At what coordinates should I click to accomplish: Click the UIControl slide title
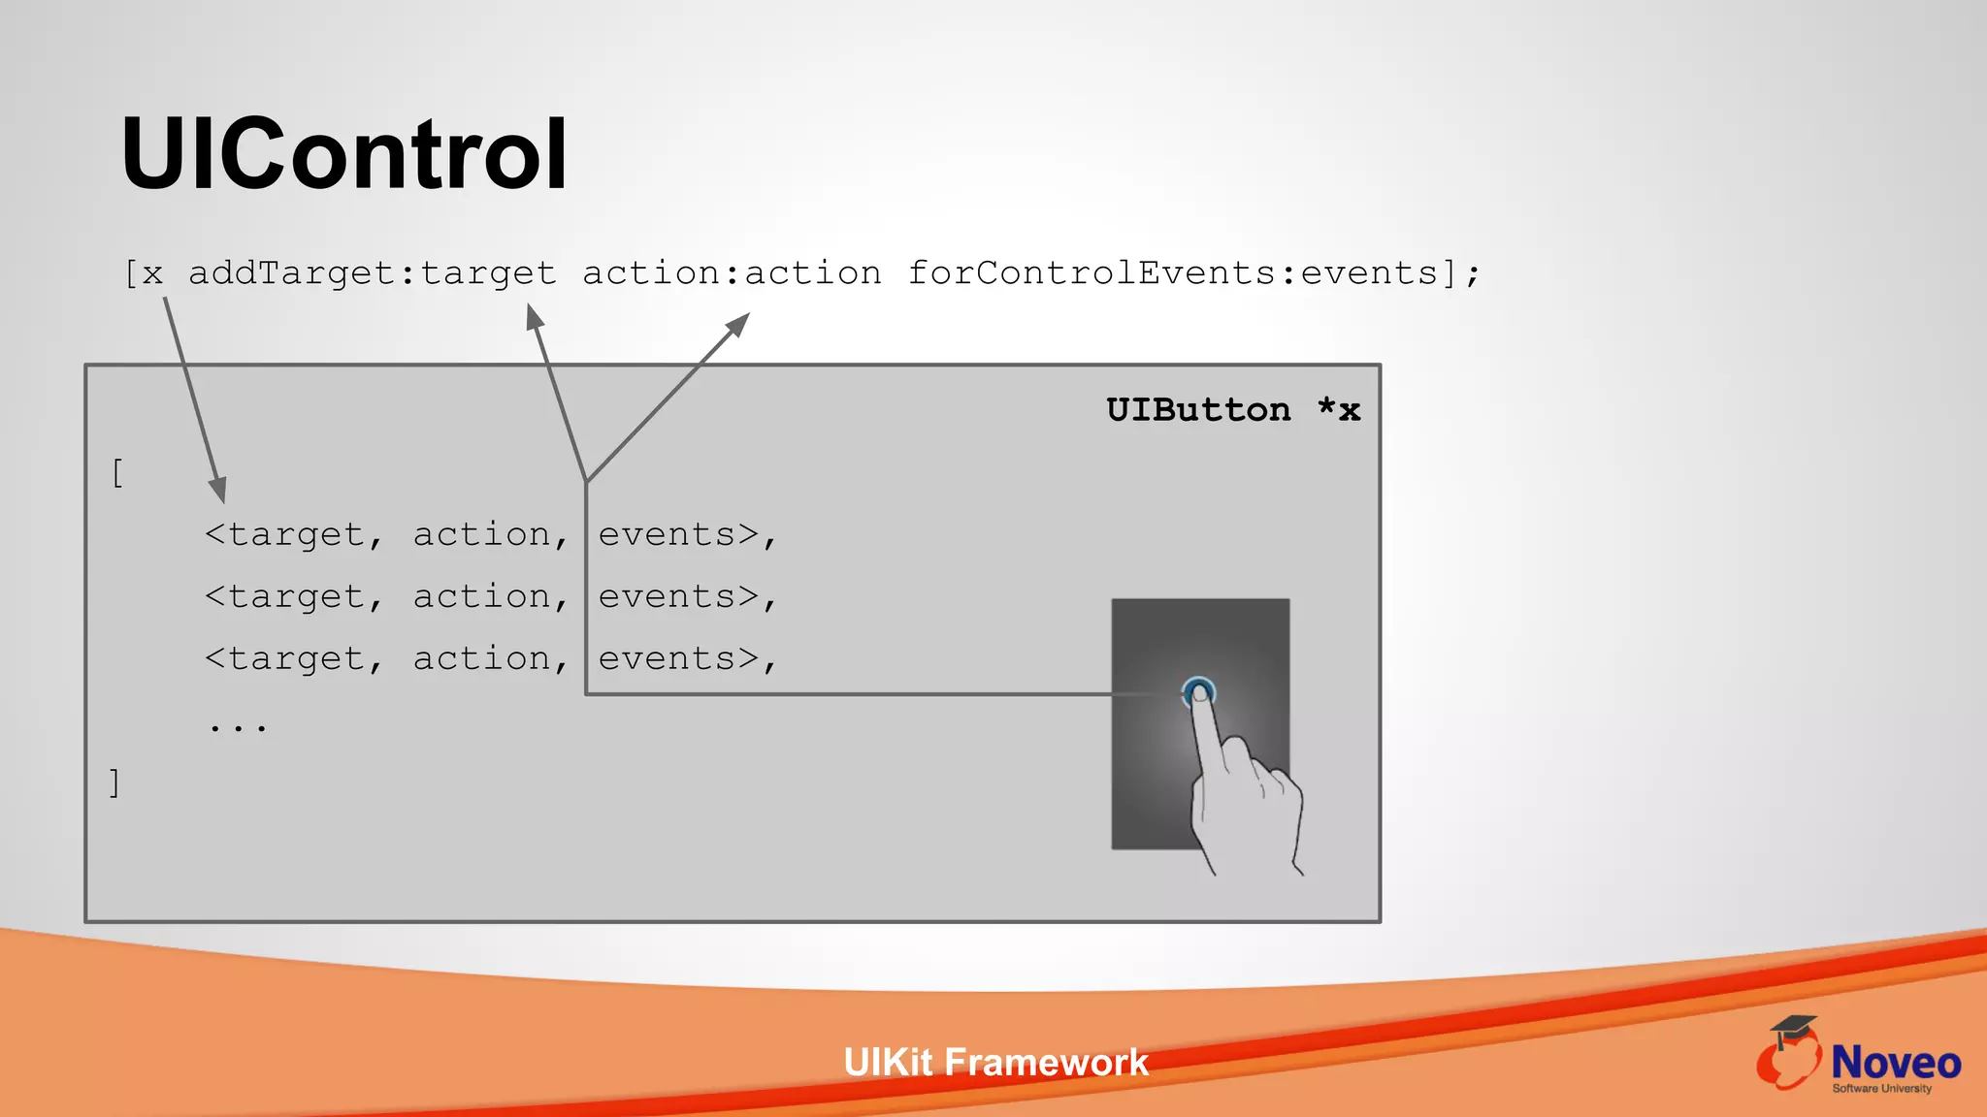pyautogui.click(x=343, y=155)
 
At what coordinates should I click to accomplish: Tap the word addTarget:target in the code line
pyautogui.click(x=373, y=273)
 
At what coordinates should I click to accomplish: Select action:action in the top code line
pyautogui.click(x=732, y=273)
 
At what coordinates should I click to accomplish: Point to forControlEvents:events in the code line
pyautogui.click(x=1172, y=273)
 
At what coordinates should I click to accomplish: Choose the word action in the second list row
pyautogui.click(x=482, y=597)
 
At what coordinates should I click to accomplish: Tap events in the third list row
pyautogui.click(x=667, y=659)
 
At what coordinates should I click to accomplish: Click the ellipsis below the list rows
pyautogui.click(x=238, y=725)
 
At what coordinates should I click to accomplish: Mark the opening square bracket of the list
pyautogui.click(x=117, y=473)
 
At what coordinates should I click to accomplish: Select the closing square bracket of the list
pyautogui.click(x=114, y=782)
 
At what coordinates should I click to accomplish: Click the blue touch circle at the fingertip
pyautogui.click(x=1199, y=692)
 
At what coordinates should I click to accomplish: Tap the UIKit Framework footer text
pyautogui.click(x=995, y=1063)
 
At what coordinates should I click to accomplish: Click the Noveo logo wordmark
pyautogui.click(x=1896, y=1064)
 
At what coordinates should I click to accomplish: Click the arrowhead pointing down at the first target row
pyautogui.click(x=219, y=490)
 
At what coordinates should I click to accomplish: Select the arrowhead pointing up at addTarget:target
pyautogui.click(x=534, y=316)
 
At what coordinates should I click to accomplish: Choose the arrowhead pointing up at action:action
pyautogui.click(x=739, y=323)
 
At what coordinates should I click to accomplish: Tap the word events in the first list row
pyautogui.click(x=667, y=535)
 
